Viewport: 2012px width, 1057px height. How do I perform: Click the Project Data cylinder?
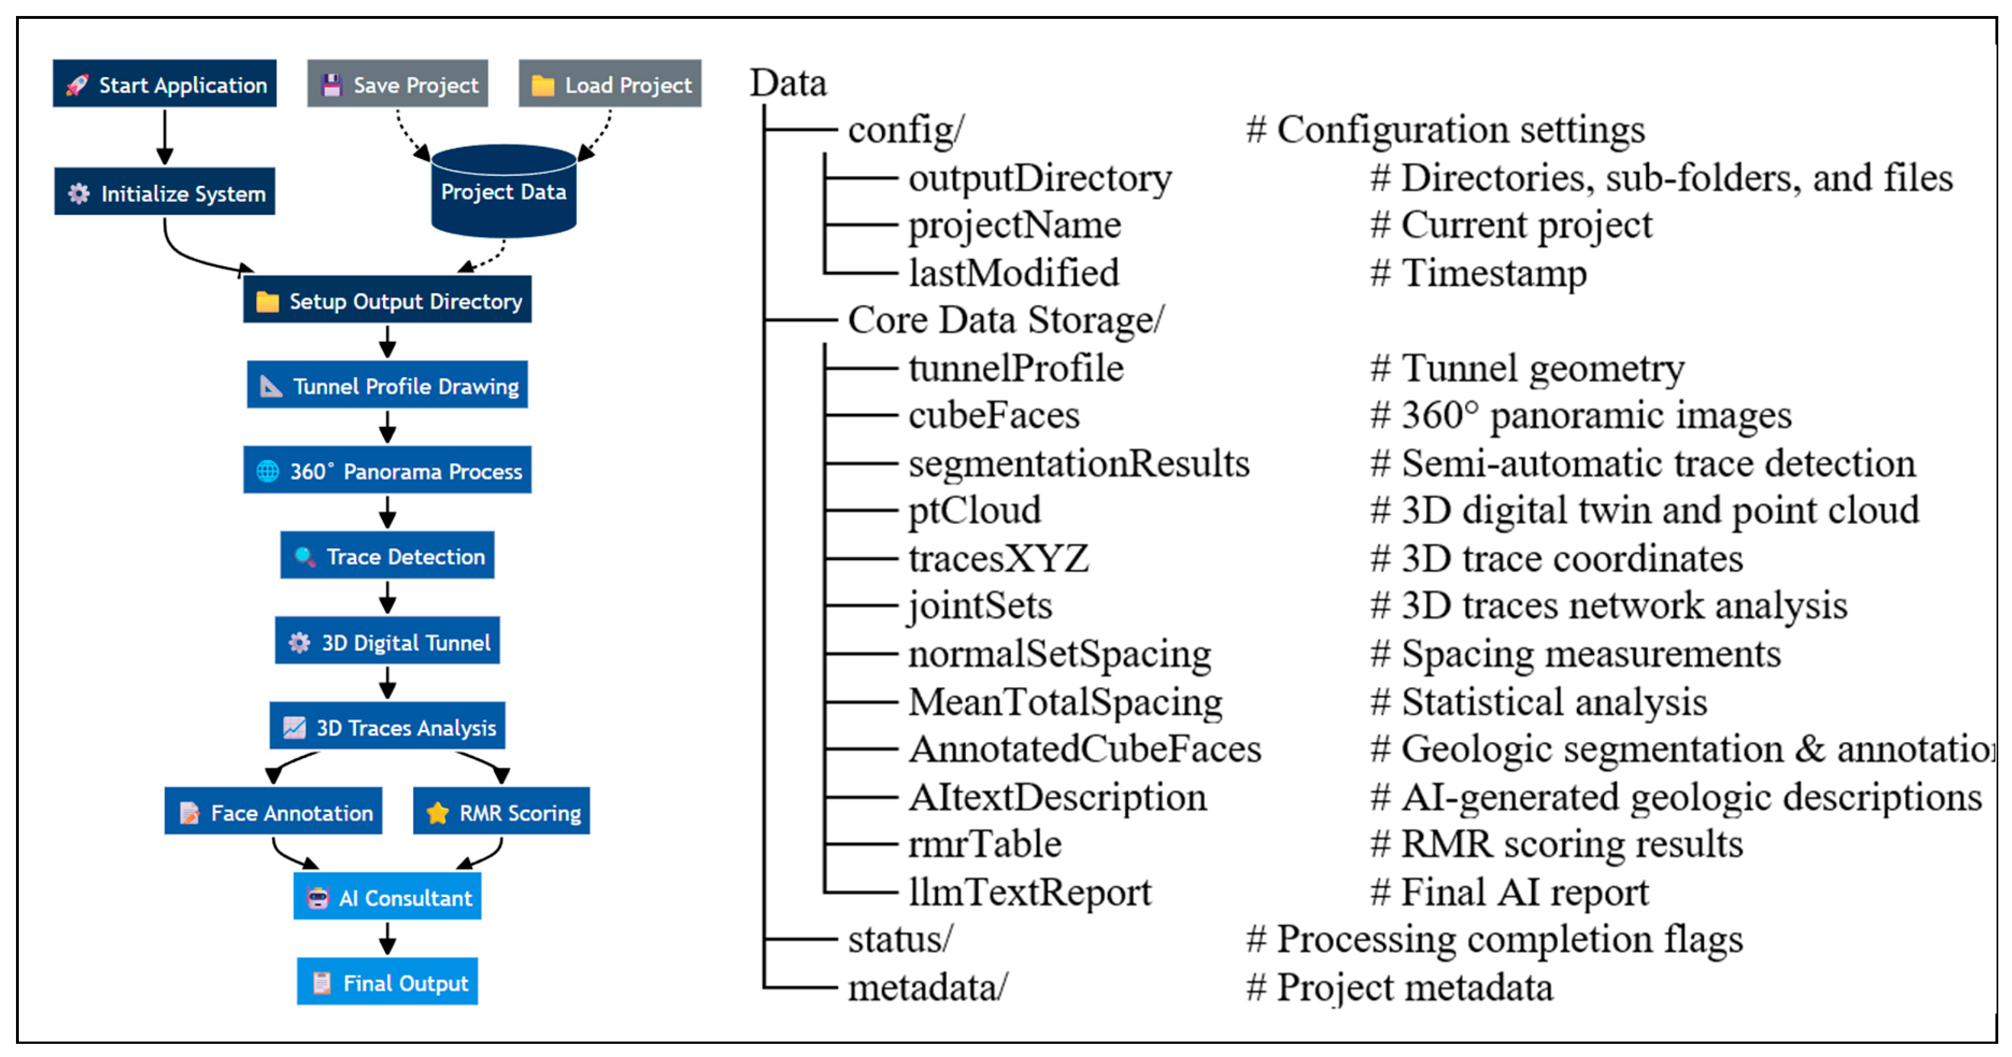point(504,192)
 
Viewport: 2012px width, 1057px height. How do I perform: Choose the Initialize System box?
point(165,192)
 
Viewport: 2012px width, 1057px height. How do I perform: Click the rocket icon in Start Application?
point(77,85)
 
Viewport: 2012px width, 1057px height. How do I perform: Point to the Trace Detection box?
point(388,556)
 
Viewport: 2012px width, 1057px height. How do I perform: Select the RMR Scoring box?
point(501,812)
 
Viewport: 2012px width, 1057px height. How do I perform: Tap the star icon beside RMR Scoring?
point(437,812)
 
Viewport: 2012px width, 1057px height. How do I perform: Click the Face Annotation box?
point(273,812)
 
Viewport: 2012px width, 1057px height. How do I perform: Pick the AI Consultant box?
point(388,898)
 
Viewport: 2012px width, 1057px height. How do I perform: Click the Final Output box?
point(388,983)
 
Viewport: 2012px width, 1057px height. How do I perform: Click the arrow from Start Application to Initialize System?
point(165,137)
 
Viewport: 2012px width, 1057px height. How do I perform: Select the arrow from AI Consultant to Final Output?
point(388,938)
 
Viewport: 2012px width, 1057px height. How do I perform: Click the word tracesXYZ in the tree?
point(998,559)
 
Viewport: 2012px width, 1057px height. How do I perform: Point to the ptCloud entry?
point(974,510)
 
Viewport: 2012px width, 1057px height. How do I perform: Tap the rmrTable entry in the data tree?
point(984,844)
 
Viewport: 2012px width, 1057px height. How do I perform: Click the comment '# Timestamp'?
point(1479,273)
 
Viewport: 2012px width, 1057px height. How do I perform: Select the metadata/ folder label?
point(927,987)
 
